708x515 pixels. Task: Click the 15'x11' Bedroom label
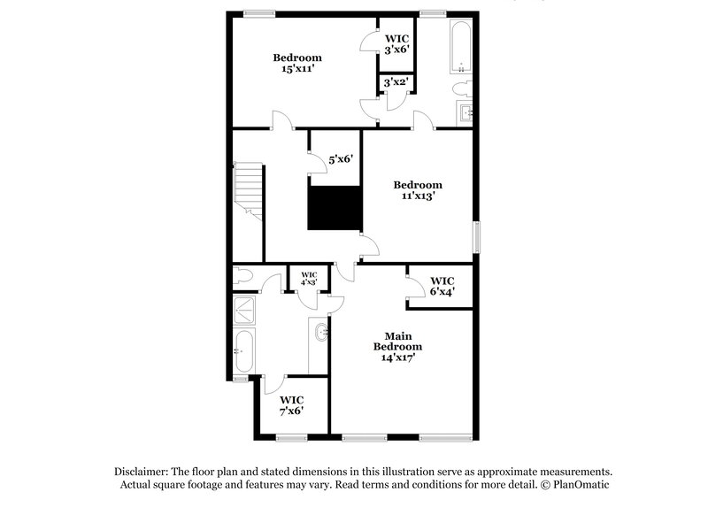click(x=296, y=64)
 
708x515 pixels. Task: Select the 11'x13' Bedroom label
click(x=418, y=191)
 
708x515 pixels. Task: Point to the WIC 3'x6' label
click(x=396, y=44)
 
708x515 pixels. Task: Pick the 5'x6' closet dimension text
click(x=341, y=160)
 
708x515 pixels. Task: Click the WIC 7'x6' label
click(x=292, y=404)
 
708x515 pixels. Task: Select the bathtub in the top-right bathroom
click(x=460, y=47)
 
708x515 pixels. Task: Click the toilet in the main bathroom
click(x=242, y=278)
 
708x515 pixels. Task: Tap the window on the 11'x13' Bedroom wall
click(x=477, y=236)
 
